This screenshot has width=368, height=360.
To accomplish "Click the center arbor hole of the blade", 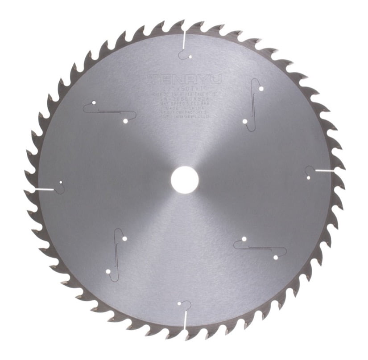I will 185,179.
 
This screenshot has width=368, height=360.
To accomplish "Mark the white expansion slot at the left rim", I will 45,190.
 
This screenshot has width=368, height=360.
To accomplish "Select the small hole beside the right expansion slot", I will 308,178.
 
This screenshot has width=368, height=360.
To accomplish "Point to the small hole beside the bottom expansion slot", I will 179,304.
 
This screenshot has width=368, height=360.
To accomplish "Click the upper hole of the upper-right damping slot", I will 261,89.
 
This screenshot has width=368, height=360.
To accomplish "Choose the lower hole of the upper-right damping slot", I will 245,121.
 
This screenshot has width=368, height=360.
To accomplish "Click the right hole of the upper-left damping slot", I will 126,120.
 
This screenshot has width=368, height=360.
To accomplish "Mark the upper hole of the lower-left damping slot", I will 124,239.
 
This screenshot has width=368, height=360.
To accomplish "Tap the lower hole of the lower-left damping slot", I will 108,270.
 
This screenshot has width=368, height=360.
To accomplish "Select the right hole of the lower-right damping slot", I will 276,257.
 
